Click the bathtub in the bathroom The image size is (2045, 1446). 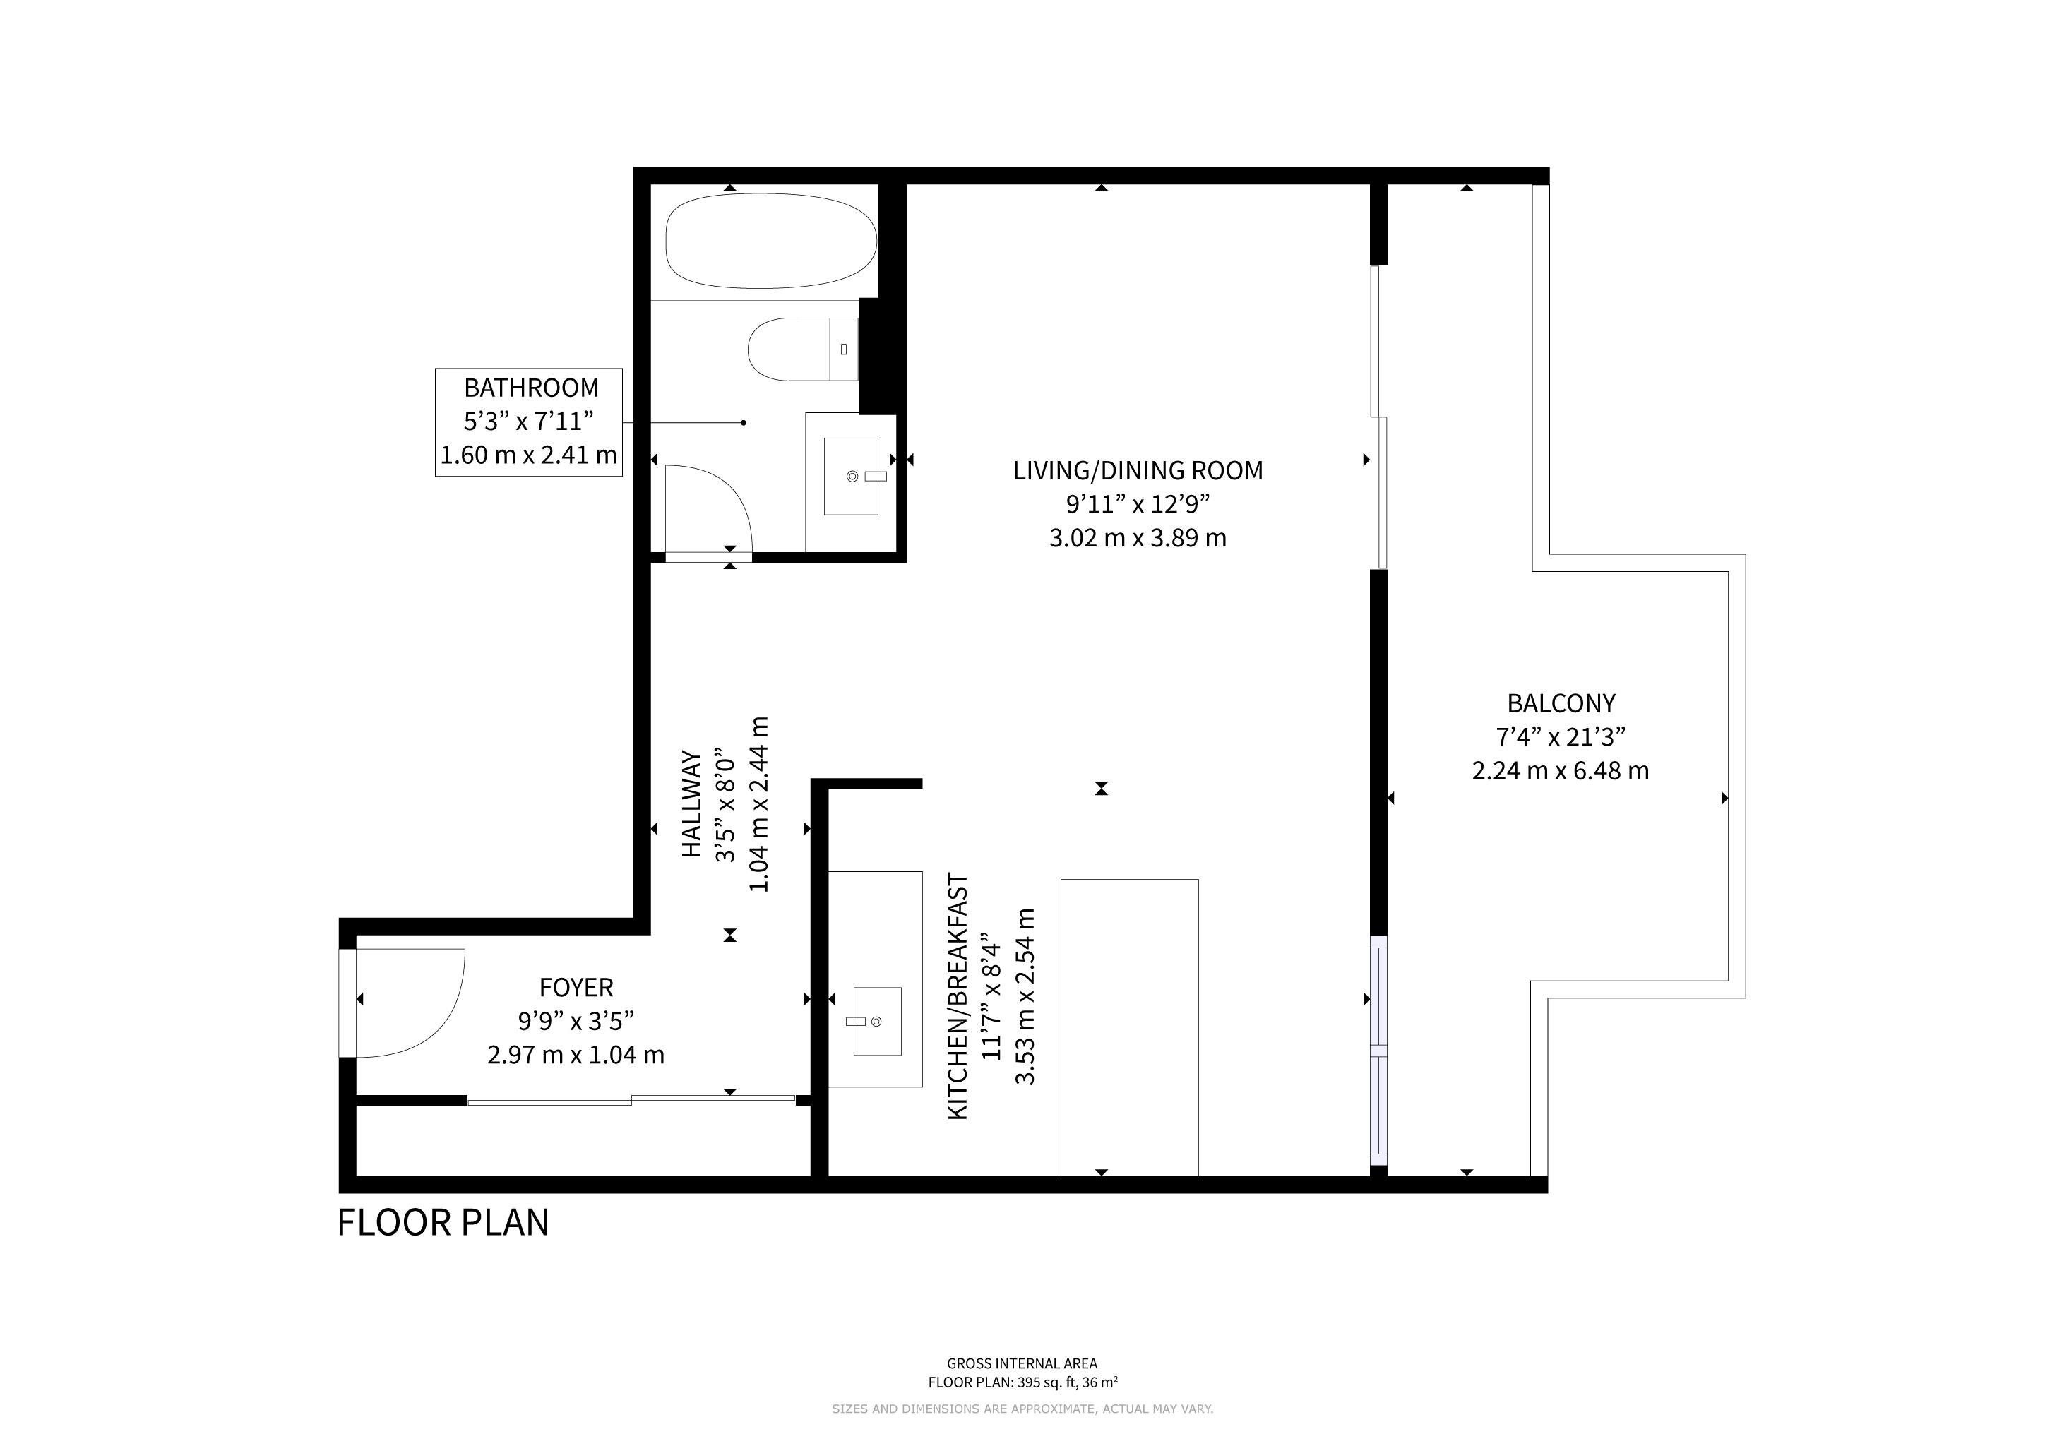[x=771, y=241]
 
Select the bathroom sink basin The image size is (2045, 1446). [x=851, y=477]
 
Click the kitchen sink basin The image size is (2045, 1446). [x=877, y=1021]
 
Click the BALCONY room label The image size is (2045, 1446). [x=1561, y=703]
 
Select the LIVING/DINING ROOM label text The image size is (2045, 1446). [x=1138, y=470]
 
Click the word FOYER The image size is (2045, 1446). [x=576, y=988]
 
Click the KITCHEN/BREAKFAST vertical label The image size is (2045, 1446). [x=958, y=996]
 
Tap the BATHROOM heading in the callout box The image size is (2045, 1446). [x=531, y=388]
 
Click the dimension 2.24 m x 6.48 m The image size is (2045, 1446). [x=1561, y=771]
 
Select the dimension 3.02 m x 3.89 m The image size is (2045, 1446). [x=1138, y=539]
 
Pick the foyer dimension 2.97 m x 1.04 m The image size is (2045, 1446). [x=576, y=1055]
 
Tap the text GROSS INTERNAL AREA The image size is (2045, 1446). [x=1022, y=1363]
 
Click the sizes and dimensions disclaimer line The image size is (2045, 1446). [x=1022, y=1409]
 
